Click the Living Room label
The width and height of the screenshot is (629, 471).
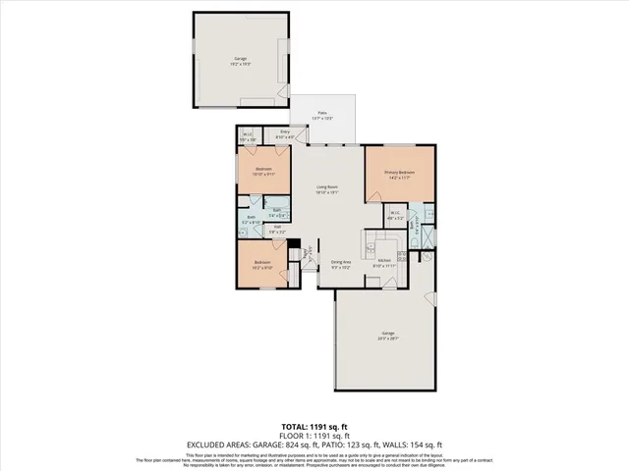[x=326, y=189]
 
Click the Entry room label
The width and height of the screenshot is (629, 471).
[x=285, y=134]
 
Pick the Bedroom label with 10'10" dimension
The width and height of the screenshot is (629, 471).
[x=263, y=172]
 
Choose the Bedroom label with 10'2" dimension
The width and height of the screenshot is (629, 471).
[x=262, y=264]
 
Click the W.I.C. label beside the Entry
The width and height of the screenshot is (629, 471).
[x=248, y=137]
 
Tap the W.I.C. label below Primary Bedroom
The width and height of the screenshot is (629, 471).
[x=394, y=215]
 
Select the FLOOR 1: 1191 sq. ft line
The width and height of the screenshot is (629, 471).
[x=314, y=435]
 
